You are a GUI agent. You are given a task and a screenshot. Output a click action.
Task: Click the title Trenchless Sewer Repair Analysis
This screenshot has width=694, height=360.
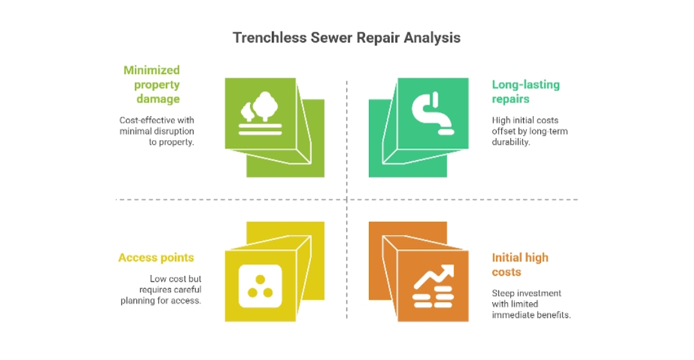[x=346, y=38]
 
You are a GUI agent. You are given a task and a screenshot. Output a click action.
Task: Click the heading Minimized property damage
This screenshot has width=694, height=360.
[x=152, y=85]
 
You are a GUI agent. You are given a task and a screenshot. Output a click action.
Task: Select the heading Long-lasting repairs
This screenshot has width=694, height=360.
[x=526, y=92]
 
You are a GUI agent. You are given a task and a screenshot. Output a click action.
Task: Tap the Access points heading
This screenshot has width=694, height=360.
[x=156, y=258]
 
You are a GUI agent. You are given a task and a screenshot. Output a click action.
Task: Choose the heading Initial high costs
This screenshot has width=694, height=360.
[x=520, y=265]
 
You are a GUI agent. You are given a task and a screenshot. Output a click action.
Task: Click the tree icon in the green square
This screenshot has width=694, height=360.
[x=260, y=113]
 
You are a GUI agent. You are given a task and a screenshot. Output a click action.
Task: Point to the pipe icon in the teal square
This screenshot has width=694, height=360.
[x=433, y=113]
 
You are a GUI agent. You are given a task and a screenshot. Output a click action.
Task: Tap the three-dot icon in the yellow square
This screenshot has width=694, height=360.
[x=260, y=286]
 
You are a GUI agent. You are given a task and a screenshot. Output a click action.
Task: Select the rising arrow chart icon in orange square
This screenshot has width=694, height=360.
[x=433, y=286]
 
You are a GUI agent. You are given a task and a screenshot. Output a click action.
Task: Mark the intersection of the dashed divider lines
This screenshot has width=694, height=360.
[x=346, y=200]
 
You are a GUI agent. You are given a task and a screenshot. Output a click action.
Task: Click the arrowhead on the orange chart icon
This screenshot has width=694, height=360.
[x=447, y=271]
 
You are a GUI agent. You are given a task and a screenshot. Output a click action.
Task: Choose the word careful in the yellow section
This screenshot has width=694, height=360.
[x=186, y=289]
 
